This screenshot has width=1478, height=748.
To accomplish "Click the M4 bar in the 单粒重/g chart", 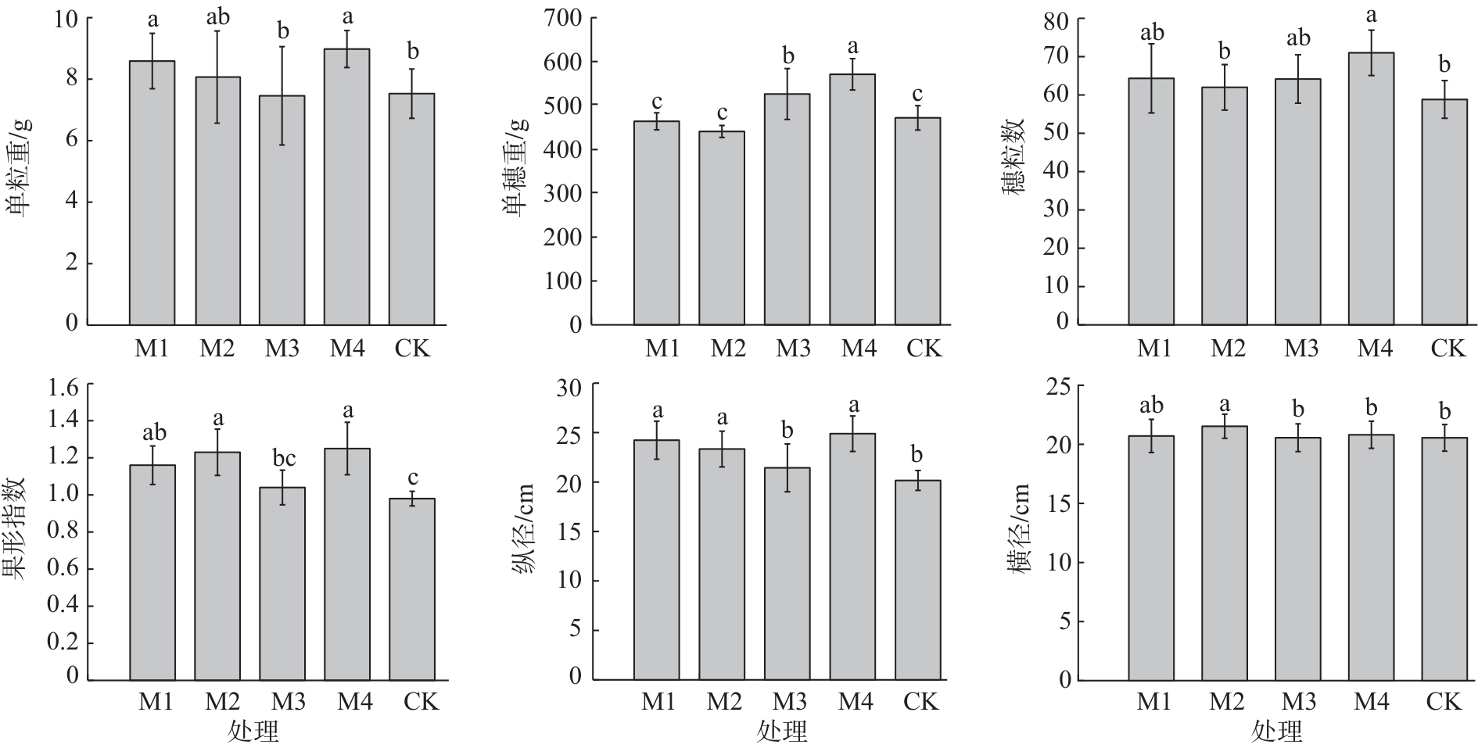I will [x=347, y=188].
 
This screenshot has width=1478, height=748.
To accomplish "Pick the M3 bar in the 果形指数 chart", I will [x=282, y=583].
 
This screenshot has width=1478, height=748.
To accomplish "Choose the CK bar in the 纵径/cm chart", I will [x=918, y=579].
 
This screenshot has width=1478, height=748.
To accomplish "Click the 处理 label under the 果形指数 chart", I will [x=253, y=732].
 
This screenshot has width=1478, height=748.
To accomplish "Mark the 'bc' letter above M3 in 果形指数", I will [x=282, y=458].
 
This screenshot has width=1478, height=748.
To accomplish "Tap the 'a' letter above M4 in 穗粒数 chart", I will [x=1371, y=16].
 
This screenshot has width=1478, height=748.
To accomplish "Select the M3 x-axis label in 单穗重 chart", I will [x=793, y=348].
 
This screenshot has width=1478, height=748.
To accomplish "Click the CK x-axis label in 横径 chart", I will [x=1444, y=701].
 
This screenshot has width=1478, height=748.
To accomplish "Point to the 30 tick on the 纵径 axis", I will [x=570, y=387].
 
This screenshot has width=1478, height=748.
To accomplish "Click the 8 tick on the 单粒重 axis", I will [x=72, y=78].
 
